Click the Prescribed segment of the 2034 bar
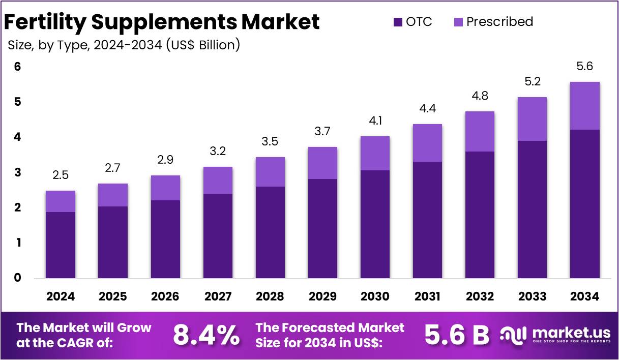tap(584, 106)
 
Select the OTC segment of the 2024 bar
tap(61, 245)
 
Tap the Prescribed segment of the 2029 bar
tap(322, 163)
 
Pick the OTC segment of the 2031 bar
tap(427, 220)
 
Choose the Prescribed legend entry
tap(493, 22)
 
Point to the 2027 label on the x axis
tap(218, 296)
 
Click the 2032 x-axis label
tap(480, 296)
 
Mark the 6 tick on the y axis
tap(18, 67)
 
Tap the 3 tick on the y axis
tap(18, 173)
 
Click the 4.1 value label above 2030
tap(375, 122)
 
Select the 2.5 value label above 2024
tap(61, 175)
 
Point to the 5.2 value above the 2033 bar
tap(532, 82)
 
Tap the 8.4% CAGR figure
tap(206, 335)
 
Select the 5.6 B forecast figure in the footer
tap(456, 335)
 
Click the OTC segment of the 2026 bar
tap(165, 239)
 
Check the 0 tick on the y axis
tap(18, 278)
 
